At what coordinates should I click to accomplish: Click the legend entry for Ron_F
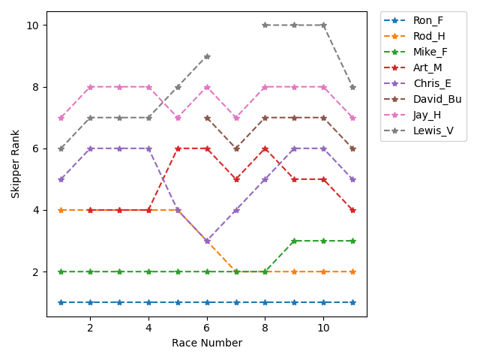pyautogui.click(x=428, y=20)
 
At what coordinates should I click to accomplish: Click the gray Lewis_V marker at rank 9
pyautogui.click(x=207, y=56)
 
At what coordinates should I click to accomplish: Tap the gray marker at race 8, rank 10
pyautogui.click(x=265, y=25)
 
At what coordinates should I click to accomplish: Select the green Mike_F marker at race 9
pyautogui.click(x=295, y=241)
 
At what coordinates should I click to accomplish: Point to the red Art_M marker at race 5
pyautogui.click(x=178, y=148)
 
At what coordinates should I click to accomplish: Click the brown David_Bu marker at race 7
pyautogui.click(x=236, y=148)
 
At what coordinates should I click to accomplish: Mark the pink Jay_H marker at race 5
pyautogui.click(x=178, y=118)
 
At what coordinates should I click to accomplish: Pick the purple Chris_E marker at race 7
pyautogui.click(x=236, y=210)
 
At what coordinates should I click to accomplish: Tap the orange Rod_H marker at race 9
pyautogui.click(x=295, y=271)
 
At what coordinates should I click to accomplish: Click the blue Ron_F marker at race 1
pyautogui.click(x=61, y=302)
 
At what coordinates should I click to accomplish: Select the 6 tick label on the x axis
pyautogui.click(x=207, y=328)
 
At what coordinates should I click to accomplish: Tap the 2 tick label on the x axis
pyautogui.click(x=90, y=328)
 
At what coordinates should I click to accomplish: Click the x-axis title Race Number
pyautogui.click(x=207, y=343)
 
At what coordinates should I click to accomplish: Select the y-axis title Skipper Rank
pyautogui.click(x=16, y=164)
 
